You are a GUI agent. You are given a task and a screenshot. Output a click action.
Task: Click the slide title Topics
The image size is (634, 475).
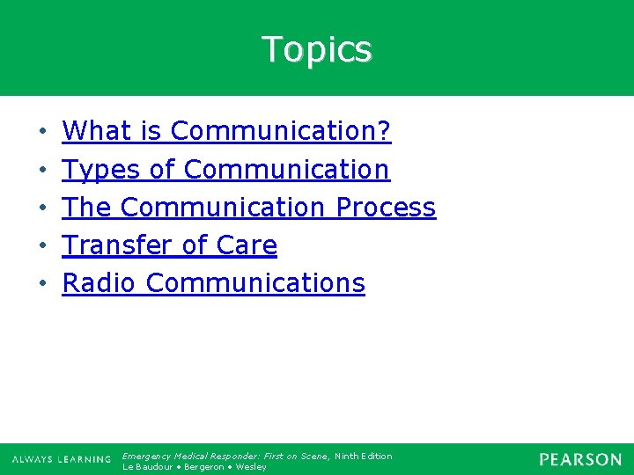click(x=317, y=49)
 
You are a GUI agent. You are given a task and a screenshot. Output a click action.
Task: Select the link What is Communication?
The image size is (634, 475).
click(x=226, y=132)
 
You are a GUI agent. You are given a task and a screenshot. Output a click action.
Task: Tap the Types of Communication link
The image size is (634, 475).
click(x=225, y=170)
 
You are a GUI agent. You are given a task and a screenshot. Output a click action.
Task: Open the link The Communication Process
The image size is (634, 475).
click(x=249, y=208)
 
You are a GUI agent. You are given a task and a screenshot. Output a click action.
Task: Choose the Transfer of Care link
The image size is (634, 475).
click(x=170, y=245)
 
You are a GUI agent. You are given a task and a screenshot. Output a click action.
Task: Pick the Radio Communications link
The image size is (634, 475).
click(x=213, y=283)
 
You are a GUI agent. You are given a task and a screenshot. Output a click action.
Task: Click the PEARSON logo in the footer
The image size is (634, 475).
click(x=580, y=459)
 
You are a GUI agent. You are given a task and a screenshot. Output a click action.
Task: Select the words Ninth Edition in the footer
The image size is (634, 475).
click(x=364, y=456)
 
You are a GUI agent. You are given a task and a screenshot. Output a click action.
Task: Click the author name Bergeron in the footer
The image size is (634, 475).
click(x=203, y=467)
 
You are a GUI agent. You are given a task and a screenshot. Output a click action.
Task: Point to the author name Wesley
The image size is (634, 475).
click(x=252, y=467)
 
